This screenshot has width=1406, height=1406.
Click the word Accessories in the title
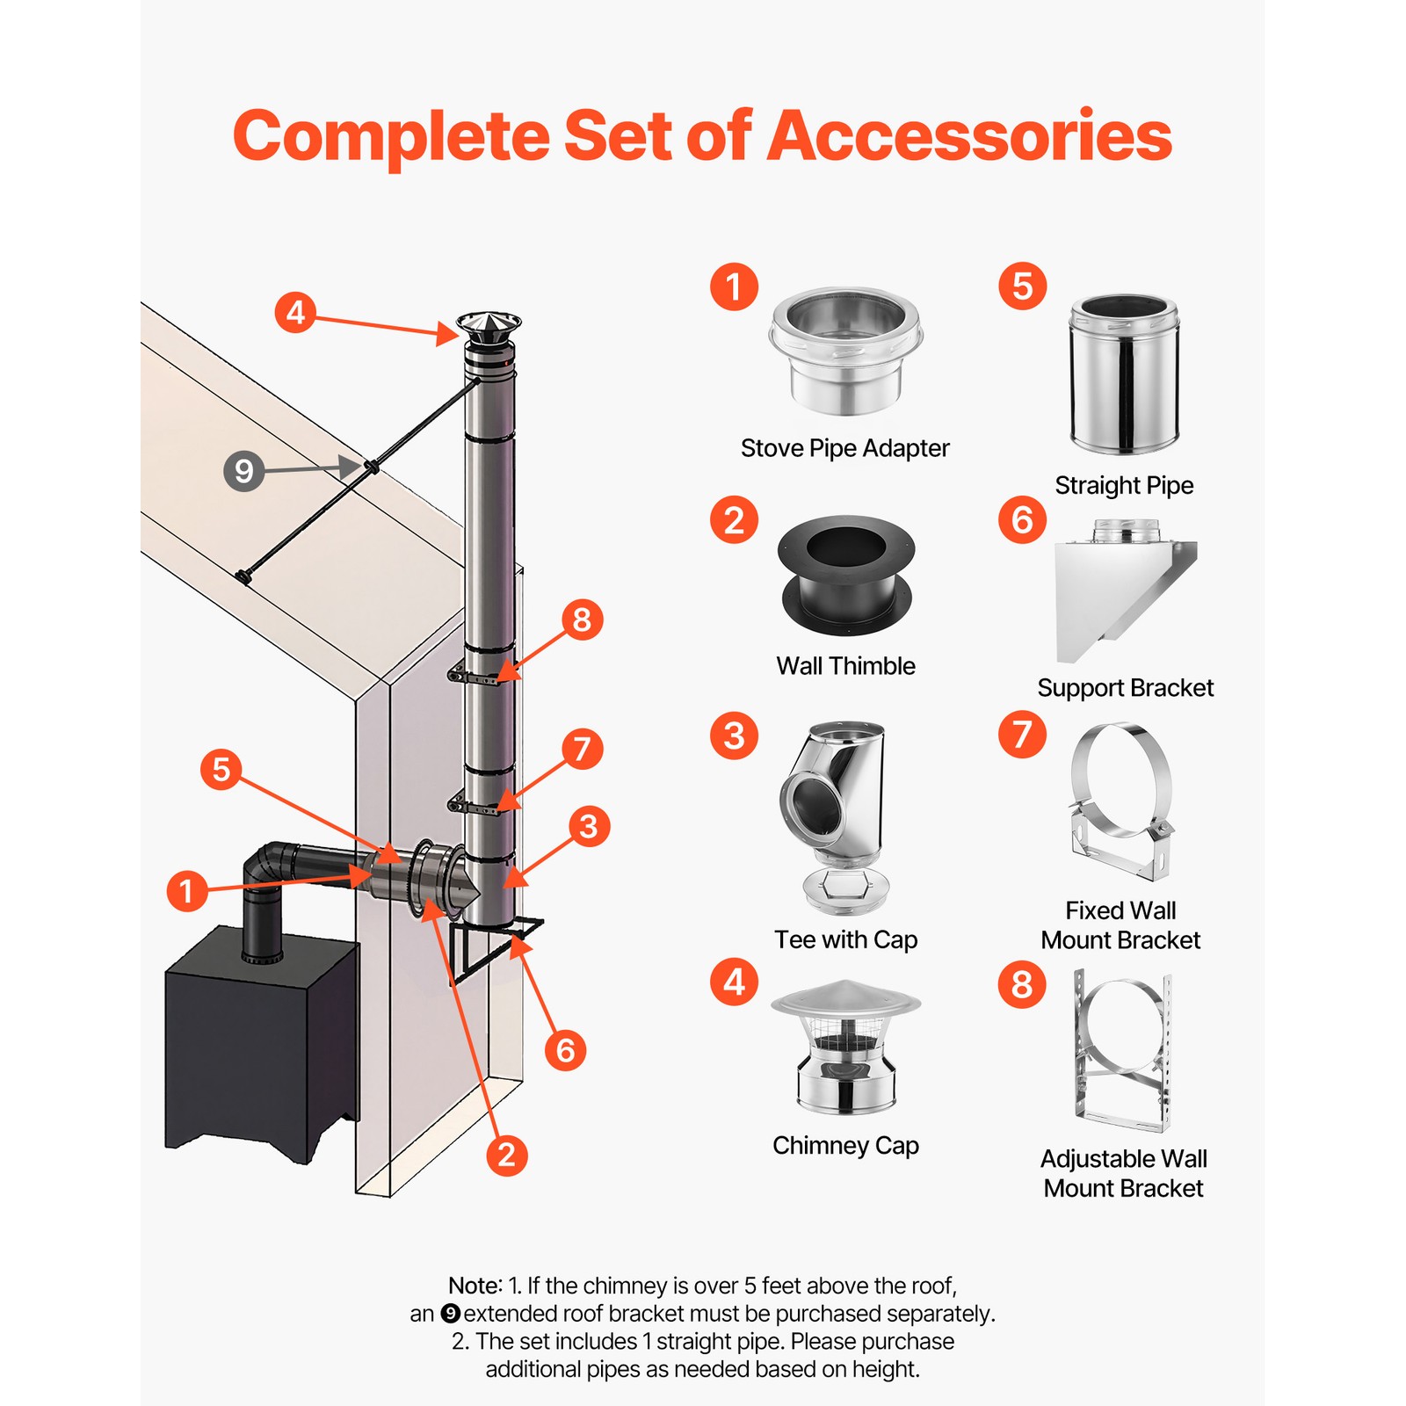point(969,136)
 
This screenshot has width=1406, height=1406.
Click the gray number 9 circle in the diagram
point(244,471)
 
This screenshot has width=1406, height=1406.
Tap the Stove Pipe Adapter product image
point(845,351)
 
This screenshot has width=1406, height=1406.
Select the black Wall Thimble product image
point(845,575)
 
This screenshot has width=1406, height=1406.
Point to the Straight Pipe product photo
point(1124,374)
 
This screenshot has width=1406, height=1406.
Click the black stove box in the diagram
point(259,1046)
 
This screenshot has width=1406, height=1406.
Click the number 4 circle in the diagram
point(295,313)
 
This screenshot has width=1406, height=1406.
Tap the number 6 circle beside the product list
point(1022,520)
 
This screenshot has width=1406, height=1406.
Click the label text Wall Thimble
point(845,666)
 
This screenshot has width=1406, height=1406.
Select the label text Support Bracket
point(1125,688)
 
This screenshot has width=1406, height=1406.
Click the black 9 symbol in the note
point(450,1314)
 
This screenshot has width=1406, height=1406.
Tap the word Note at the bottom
point(475,1286)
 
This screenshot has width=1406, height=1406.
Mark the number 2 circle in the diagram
point(506,1155)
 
